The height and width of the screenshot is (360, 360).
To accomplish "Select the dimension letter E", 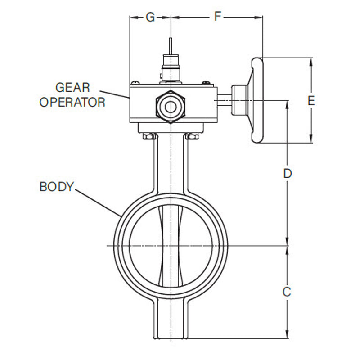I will coord(311,101).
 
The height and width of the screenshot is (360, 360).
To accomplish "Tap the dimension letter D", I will coord(288,173).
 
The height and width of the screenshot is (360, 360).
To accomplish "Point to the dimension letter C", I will coord(287,292).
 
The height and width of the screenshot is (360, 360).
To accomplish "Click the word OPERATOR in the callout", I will coord(72,102).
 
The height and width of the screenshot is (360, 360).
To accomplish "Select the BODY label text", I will coord(56,187).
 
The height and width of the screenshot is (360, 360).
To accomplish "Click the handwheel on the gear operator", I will coord(257,101).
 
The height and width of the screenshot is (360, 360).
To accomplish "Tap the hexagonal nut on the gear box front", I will coord(171,106).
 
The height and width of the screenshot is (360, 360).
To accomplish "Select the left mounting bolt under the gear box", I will coord(148,136).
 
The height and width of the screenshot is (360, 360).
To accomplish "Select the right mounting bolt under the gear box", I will coord(193,136).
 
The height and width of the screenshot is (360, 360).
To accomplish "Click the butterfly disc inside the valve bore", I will coord(171,246).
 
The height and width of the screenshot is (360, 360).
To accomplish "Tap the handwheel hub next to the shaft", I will coord(239,100).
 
